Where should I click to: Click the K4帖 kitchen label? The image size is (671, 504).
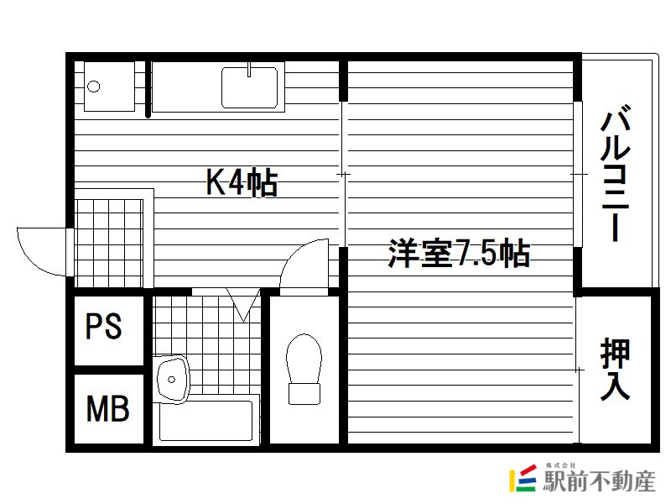click(x=242, y=181)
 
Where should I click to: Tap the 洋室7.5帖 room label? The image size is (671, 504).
click(x=459, y=253)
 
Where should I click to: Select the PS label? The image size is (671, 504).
click(x=103, y=326)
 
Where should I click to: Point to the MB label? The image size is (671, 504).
click(x=107, y=408)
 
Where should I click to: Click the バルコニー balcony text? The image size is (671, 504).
click(x=616, y=173)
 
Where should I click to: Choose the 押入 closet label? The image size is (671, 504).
click(x=615, y=369)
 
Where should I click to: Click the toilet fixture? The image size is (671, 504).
click(x=304, y=369)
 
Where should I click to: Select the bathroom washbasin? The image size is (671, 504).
click(x=172, y=380)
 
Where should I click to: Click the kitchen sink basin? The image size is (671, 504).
click(x=249, y=88)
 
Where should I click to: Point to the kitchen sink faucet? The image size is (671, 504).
click(x=249, y=70)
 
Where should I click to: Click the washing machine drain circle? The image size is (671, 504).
click(x=94, y=87)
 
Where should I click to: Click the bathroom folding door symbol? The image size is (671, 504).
click(x=243, y=305)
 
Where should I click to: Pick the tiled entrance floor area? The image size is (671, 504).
click(x=109, y=243)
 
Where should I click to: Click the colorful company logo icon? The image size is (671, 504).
click(x=523, y=478)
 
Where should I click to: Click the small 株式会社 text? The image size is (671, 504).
click(x=560, y=465)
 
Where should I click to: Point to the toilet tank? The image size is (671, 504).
click(x=304, y=394)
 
